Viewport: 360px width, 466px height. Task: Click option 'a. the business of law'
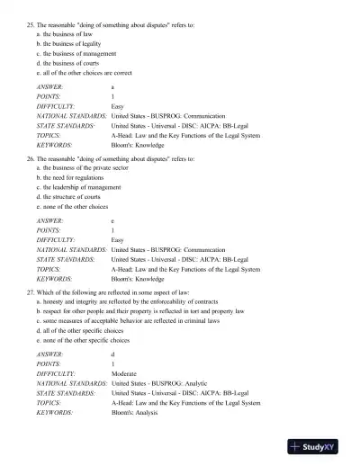(64, 32)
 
